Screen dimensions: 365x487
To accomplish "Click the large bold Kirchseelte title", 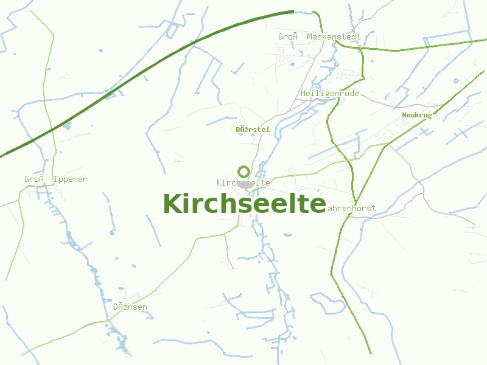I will pos(244,204).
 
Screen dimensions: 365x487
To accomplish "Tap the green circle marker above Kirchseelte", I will pos(244,172).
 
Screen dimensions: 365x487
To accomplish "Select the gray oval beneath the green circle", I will pos(245,184).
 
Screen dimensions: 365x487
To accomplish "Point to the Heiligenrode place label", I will pos(330,94).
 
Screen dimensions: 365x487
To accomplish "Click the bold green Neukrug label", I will pos(416,115).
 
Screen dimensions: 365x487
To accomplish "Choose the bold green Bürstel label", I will pos(253,130).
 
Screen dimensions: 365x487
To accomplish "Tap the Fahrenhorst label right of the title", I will pos(352,208).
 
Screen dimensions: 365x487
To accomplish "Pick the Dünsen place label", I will pos(130,307).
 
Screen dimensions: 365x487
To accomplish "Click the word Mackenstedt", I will pos(334,37).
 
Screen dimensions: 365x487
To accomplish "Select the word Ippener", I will pos(70,179).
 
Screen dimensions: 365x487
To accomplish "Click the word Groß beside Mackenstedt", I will pos(288,37).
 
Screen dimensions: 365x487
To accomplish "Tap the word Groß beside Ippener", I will pos(34,179).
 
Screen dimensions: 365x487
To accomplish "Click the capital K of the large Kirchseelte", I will pos(172,204).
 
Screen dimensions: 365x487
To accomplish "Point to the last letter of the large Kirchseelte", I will pos(317,204).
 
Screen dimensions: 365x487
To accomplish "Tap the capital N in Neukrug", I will pos(404,115).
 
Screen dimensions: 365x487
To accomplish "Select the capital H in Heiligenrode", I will pos(303,94).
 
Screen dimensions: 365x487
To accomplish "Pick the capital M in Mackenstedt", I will pos(309,37).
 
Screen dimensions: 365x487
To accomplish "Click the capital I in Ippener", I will pos(56,179).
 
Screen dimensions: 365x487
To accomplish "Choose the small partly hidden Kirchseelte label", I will pos(226,182).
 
